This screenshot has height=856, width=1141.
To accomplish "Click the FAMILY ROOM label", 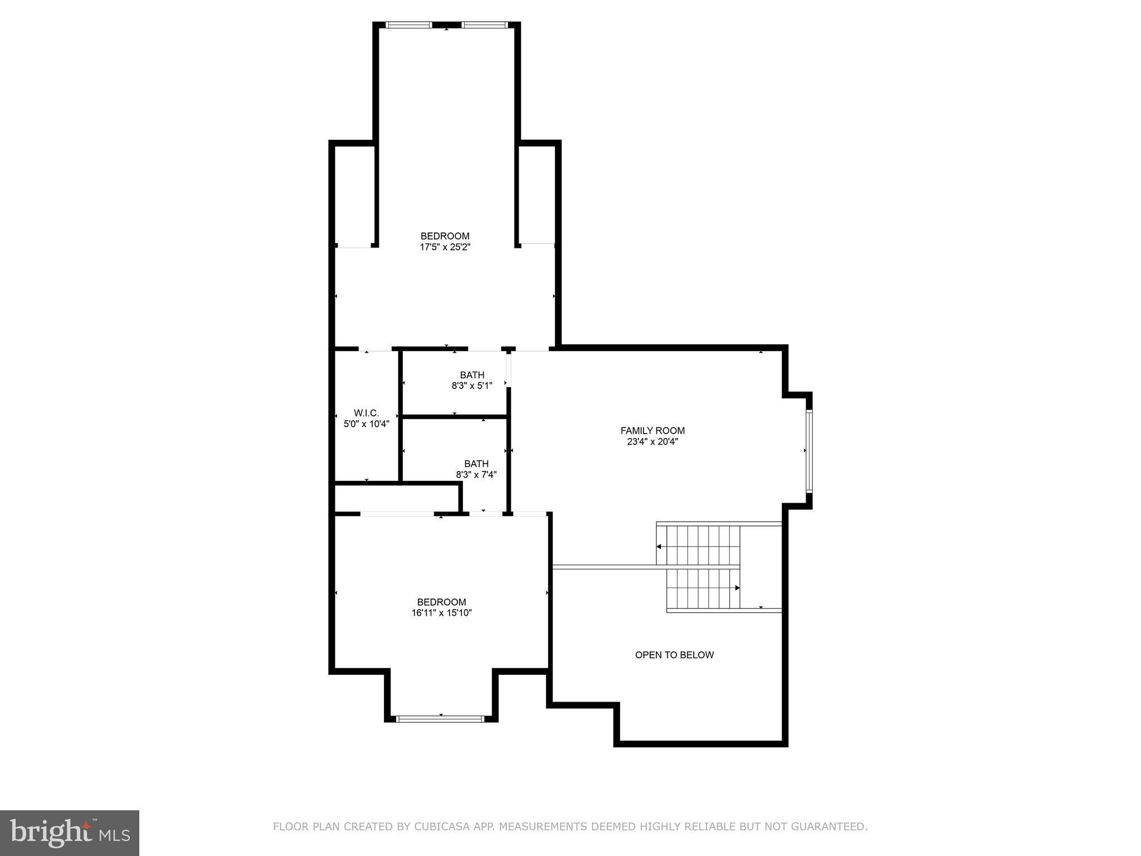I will click(652, 430).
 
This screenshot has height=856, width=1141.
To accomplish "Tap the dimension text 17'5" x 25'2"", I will click(445, 247).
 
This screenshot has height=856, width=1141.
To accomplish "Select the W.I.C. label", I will click(366, 413).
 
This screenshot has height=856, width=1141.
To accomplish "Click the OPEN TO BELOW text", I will click(674, 655).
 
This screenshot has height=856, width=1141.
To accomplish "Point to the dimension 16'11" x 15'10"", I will click(441, 613).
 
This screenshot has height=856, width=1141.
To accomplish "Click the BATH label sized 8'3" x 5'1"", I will click(472, 375).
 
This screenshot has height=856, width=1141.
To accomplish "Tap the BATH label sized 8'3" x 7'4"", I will click(476, 464).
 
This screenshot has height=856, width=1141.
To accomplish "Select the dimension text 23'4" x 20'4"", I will click(652, 442).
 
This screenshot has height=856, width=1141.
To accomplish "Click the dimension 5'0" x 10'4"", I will click(366, 424).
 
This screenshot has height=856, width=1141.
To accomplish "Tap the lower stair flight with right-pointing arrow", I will click(703, 588).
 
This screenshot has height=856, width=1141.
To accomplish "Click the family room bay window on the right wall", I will click(809, 451).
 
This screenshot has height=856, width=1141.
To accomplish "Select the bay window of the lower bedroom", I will click(440, 719).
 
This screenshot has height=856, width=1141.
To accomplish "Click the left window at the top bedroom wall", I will click(409, 25).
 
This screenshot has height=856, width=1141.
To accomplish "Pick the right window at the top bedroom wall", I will click(484, 25).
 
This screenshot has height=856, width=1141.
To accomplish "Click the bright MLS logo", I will click(69, 833).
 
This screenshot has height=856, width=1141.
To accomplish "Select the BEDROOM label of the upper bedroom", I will click(445, 236).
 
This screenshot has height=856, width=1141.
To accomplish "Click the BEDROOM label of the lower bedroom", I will click(441, 602).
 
